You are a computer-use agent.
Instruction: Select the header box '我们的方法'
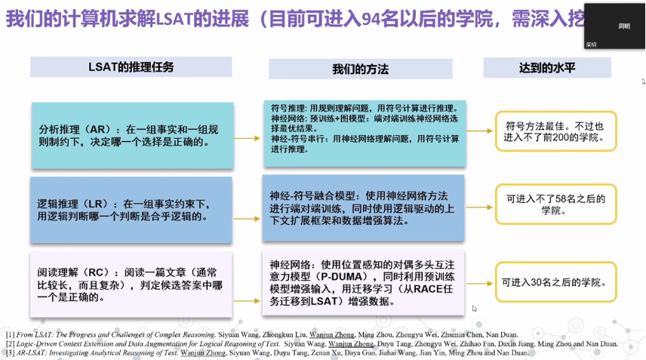[x=360, y=69]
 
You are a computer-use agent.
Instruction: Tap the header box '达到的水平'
[x=547, y=68]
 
